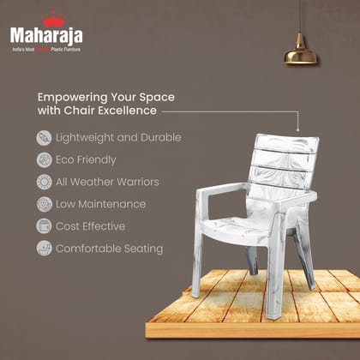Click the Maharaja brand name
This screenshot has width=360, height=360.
pyautogui.click(x=47, y=35)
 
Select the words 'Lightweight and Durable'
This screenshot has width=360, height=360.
pyautogui.click(x=118, y=138)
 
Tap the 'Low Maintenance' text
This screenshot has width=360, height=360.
pyautogui.click(x=100, y=205)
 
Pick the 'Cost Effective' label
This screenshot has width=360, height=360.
pyautogui.click(x=90, y=226)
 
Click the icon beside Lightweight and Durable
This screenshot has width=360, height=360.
pyautogui.click(x=43, y=138)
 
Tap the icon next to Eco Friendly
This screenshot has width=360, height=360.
pyautogui.click(x=43, y=160)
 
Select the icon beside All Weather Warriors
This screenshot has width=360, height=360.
pyautogui.click(x=43, y=183)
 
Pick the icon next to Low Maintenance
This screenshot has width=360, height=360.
pyautogui.click(x=43, y=205)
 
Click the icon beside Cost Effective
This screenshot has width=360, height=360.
pyautogui.click(x=43, y=226)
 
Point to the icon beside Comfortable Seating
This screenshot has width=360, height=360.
pyautogui.click(x=43, y=249)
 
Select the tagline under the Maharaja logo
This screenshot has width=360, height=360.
pyautogui.click(x=46, y=50)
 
